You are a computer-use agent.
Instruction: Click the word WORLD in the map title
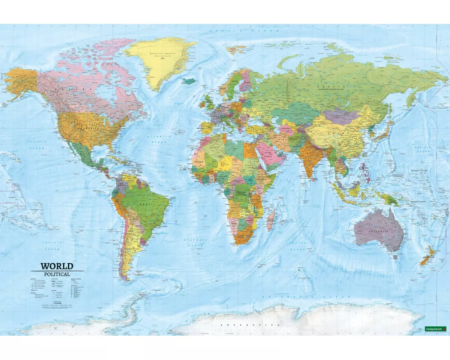click(x=57, y=266)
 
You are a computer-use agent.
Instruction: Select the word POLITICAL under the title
click(x=57, y=274)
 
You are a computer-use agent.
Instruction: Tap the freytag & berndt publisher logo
click(x=435, y=329)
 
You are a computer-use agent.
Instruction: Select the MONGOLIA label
click(x=341, y=116)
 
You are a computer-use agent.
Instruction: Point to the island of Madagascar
click(x=271, y=221)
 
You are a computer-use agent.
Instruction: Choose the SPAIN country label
click(x=208, y=126)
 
